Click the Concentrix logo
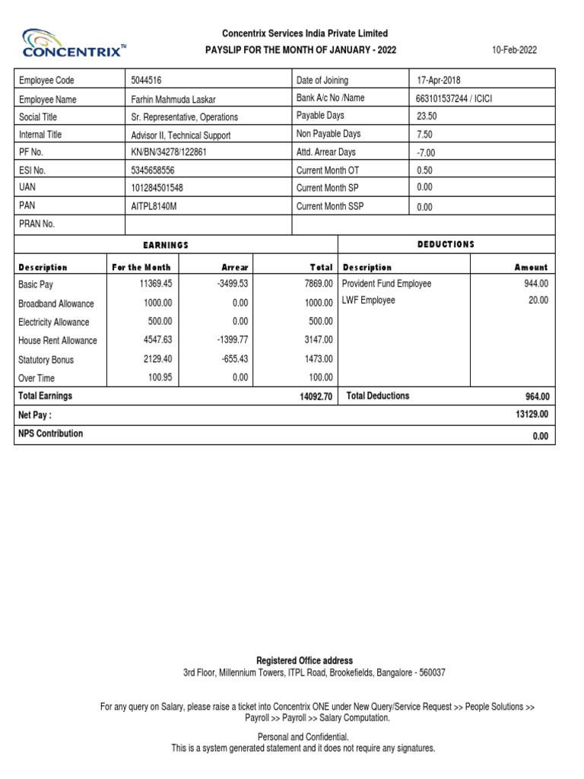(71, 43)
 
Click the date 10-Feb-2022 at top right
(514, 50)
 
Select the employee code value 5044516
(146, 81)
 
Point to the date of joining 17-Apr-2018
(439, 81)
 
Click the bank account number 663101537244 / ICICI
(454, 99)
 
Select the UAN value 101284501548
(157, 188)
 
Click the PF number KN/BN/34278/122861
(169, 152)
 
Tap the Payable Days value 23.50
(427, 116)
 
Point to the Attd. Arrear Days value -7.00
(427, 153)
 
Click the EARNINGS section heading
(166, 245)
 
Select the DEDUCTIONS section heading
(446, 244)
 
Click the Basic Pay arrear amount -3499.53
(232, 284)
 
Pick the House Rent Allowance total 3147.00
(319, 341)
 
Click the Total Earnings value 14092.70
(316, 396)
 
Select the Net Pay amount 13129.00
(532, 415)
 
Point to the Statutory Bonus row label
(46, 360)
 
